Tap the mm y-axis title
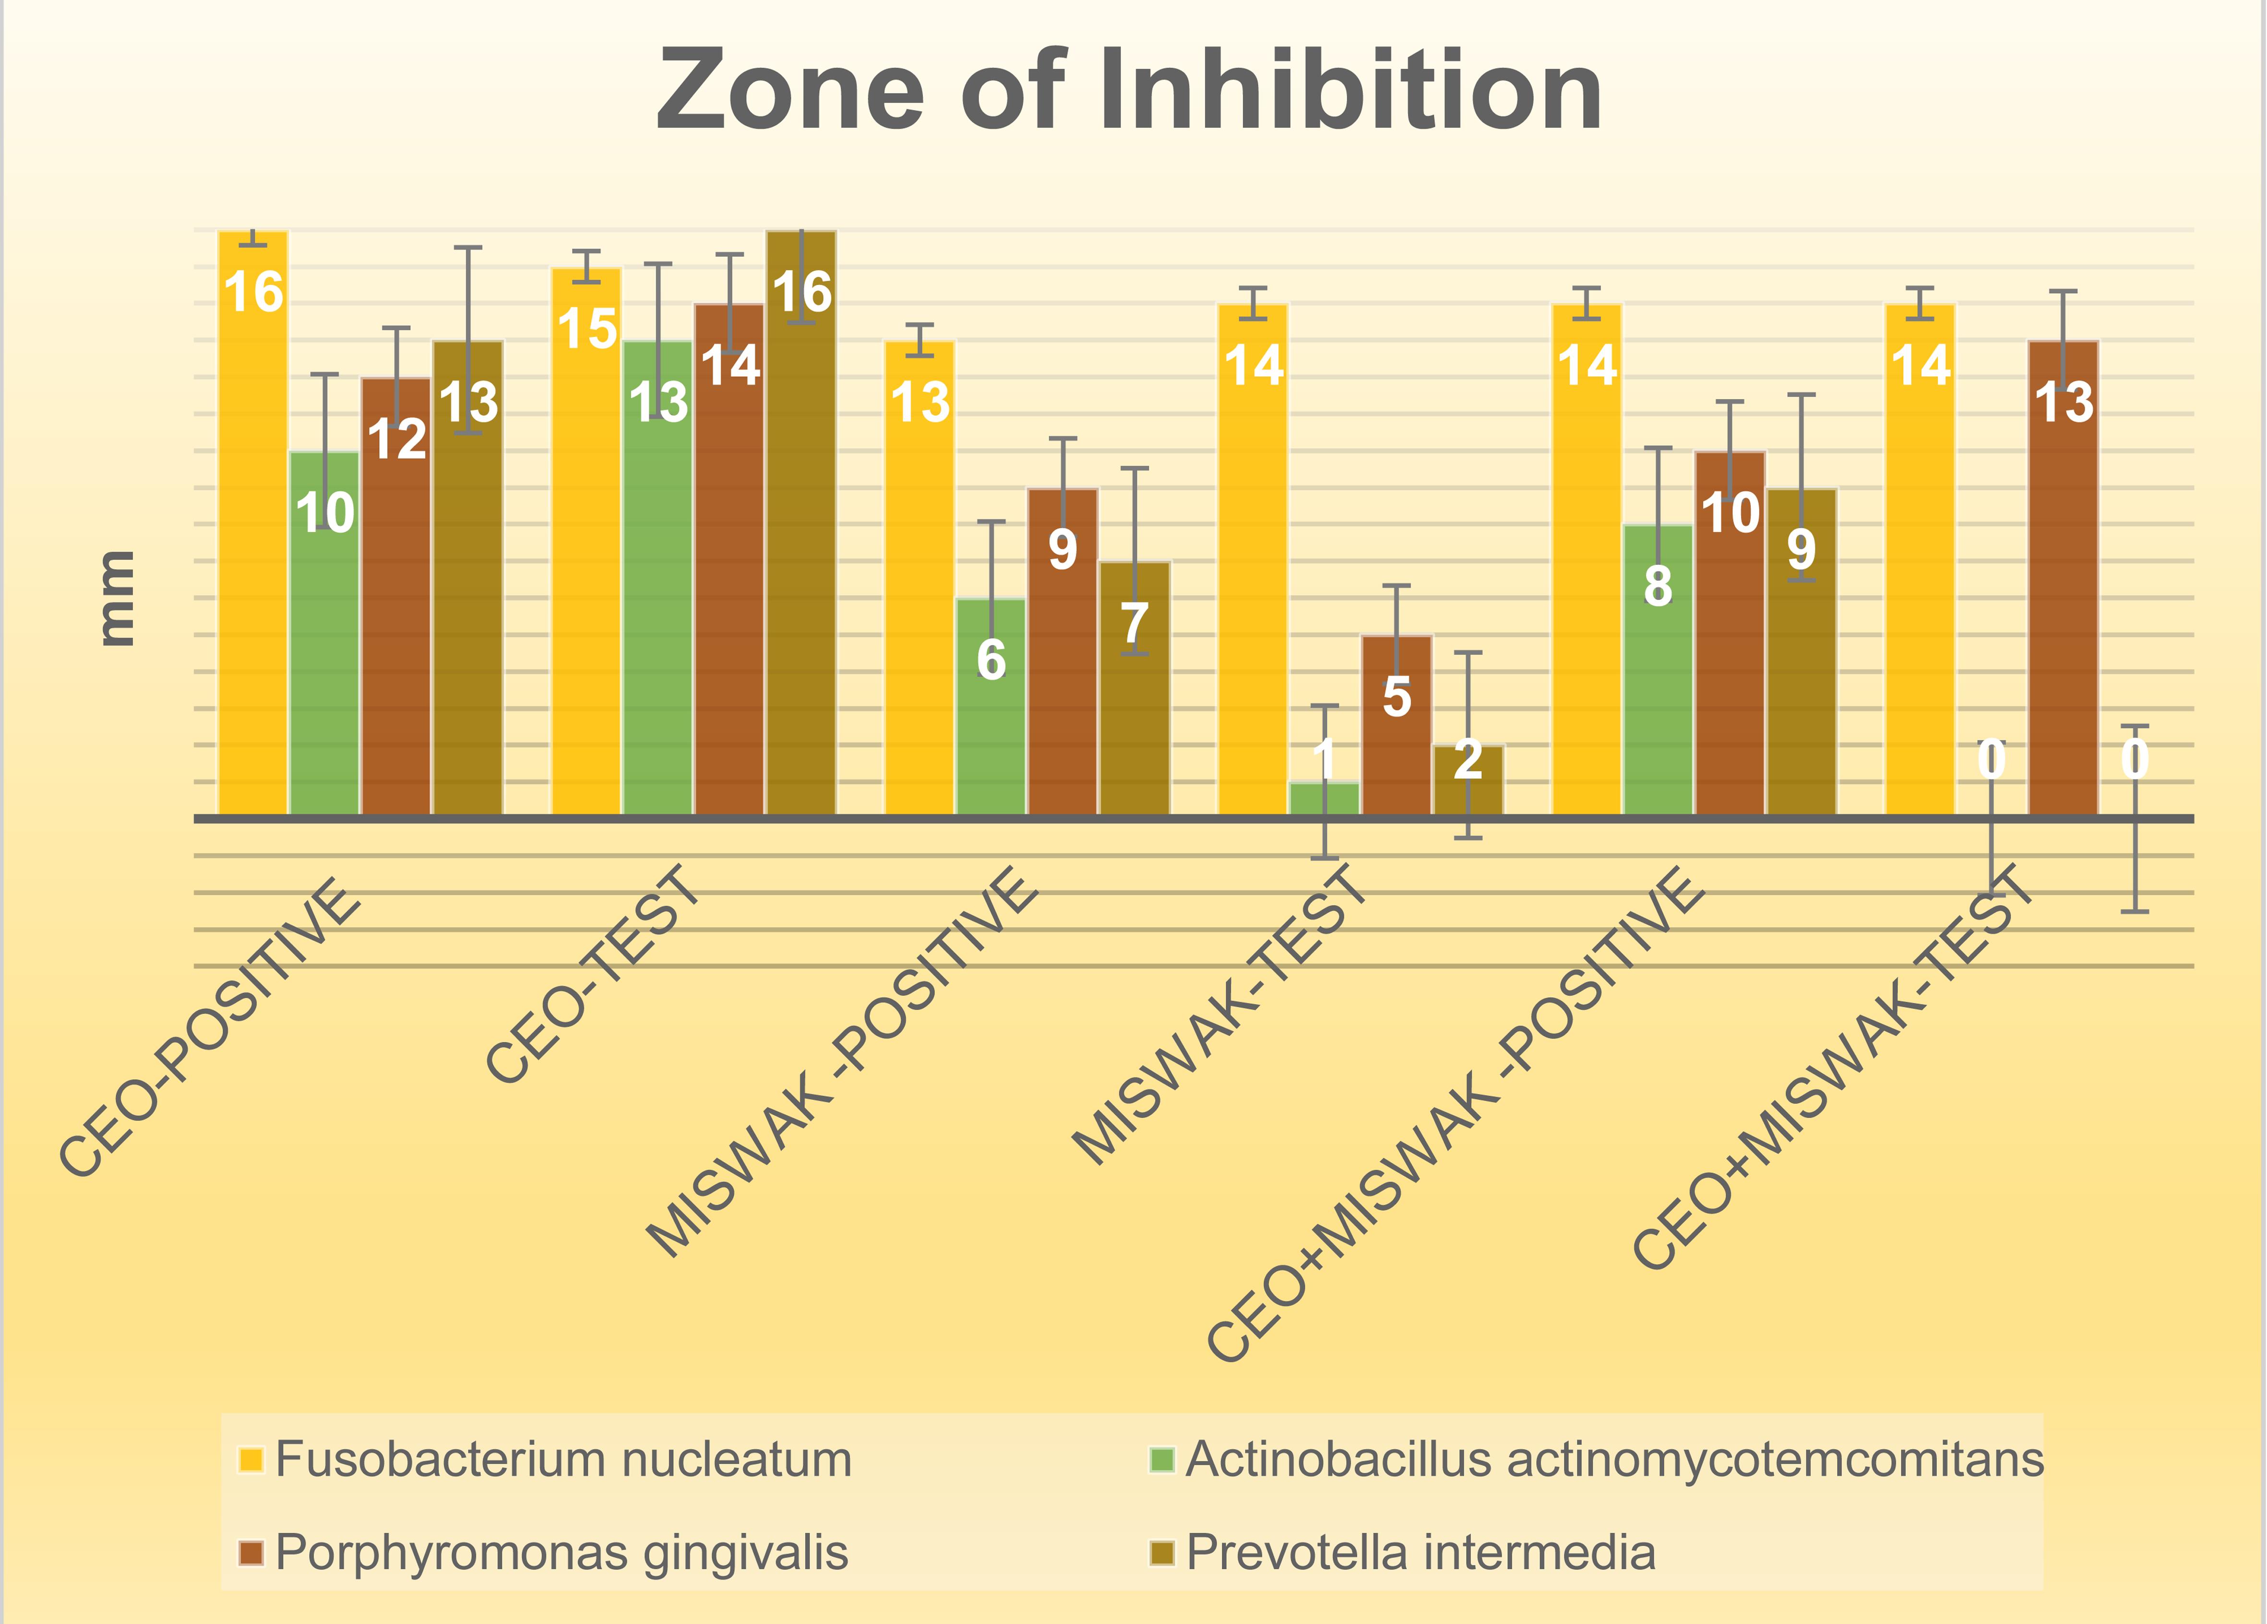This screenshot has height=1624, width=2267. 117,597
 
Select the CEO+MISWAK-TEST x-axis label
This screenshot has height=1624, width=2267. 1834,1067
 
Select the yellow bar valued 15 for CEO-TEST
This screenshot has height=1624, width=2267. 587,560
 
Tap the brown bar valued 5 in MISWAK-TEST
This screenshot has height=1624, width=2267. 1396,740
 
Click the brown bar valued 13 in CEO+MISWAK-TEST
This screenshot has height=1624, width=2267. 2063,599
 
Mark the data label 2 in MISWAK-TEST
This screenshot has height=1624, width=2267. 1468,760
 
